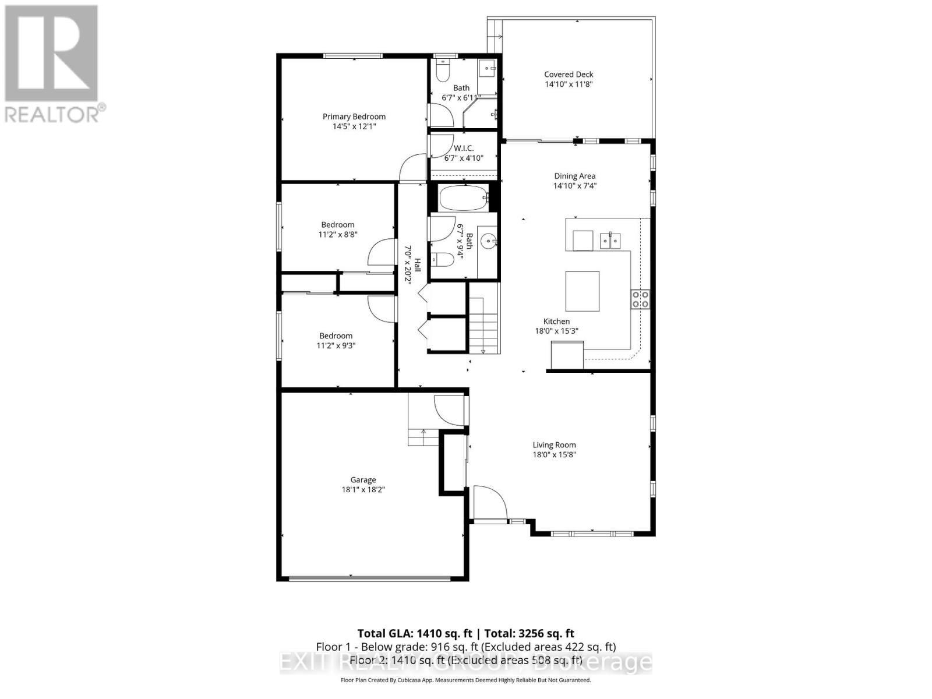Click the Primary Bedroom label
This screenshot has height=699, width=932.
pos(354,116)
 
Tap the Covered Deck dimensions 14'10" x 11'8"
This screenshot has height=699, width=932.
pos(569,84)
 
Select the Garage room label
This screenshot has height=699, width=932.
pos(363,480)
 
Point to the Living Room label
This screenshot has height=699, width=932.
pos(554,445)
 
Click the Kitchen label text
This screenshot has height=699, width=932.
pos(556,322)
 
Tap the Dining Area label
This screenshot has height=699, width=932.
pos(574,176)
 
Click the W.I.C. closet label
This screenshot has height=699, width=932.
pos(464,148)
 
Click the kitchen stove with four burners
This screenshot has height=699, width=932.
pos(641,299)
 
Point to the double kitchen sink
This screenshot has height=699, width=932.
pos(610,239)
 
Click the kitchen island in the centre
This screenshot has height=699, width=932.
pos(582,291)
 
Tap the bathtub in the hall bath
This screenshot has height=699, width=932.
pos(464,198)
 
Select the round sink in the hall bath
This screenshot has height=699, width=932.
pos(488,240)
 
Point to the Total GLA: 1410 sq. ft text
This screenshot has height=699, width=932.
pos(414,633)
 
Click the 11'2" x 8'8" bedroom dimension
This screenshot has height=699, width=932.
pos(338,235)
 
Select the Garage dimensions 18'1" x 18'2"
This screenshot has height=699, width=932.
pos(363,490)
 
